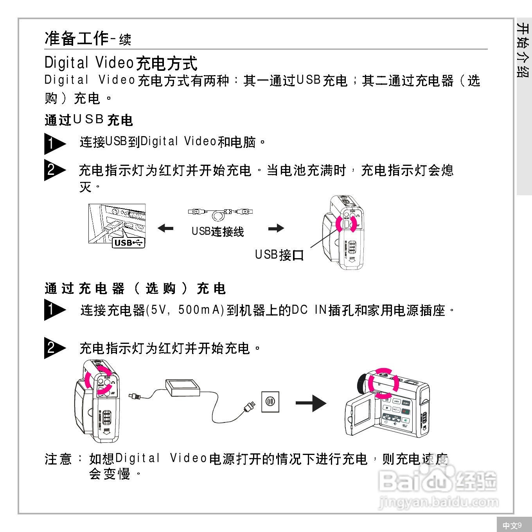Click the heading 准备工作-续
coord(88,39)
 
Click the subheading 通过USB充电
coord(89,120)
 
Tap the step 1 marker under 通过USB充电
coord(54,144)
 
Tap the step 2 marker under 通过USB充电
coord(54,170)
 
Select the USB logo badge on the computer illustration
coord(128,243)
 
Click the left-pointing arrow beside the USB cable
coord(165,228)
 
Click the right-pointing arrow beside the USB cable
coord(276,228)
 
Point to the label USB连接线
coord(217,232)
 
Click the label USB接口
coord(279,255)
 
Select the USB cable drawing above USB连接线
coord(220,213)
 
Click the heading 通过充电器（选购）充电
coord(135,289)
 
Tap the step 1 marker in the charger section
coord(54,310)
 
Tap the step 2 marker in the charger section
coord(54,348)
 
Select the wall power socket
coord(270,402)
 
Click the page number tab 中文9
coord(512,525)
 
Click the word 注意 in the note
coord(58,459)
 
